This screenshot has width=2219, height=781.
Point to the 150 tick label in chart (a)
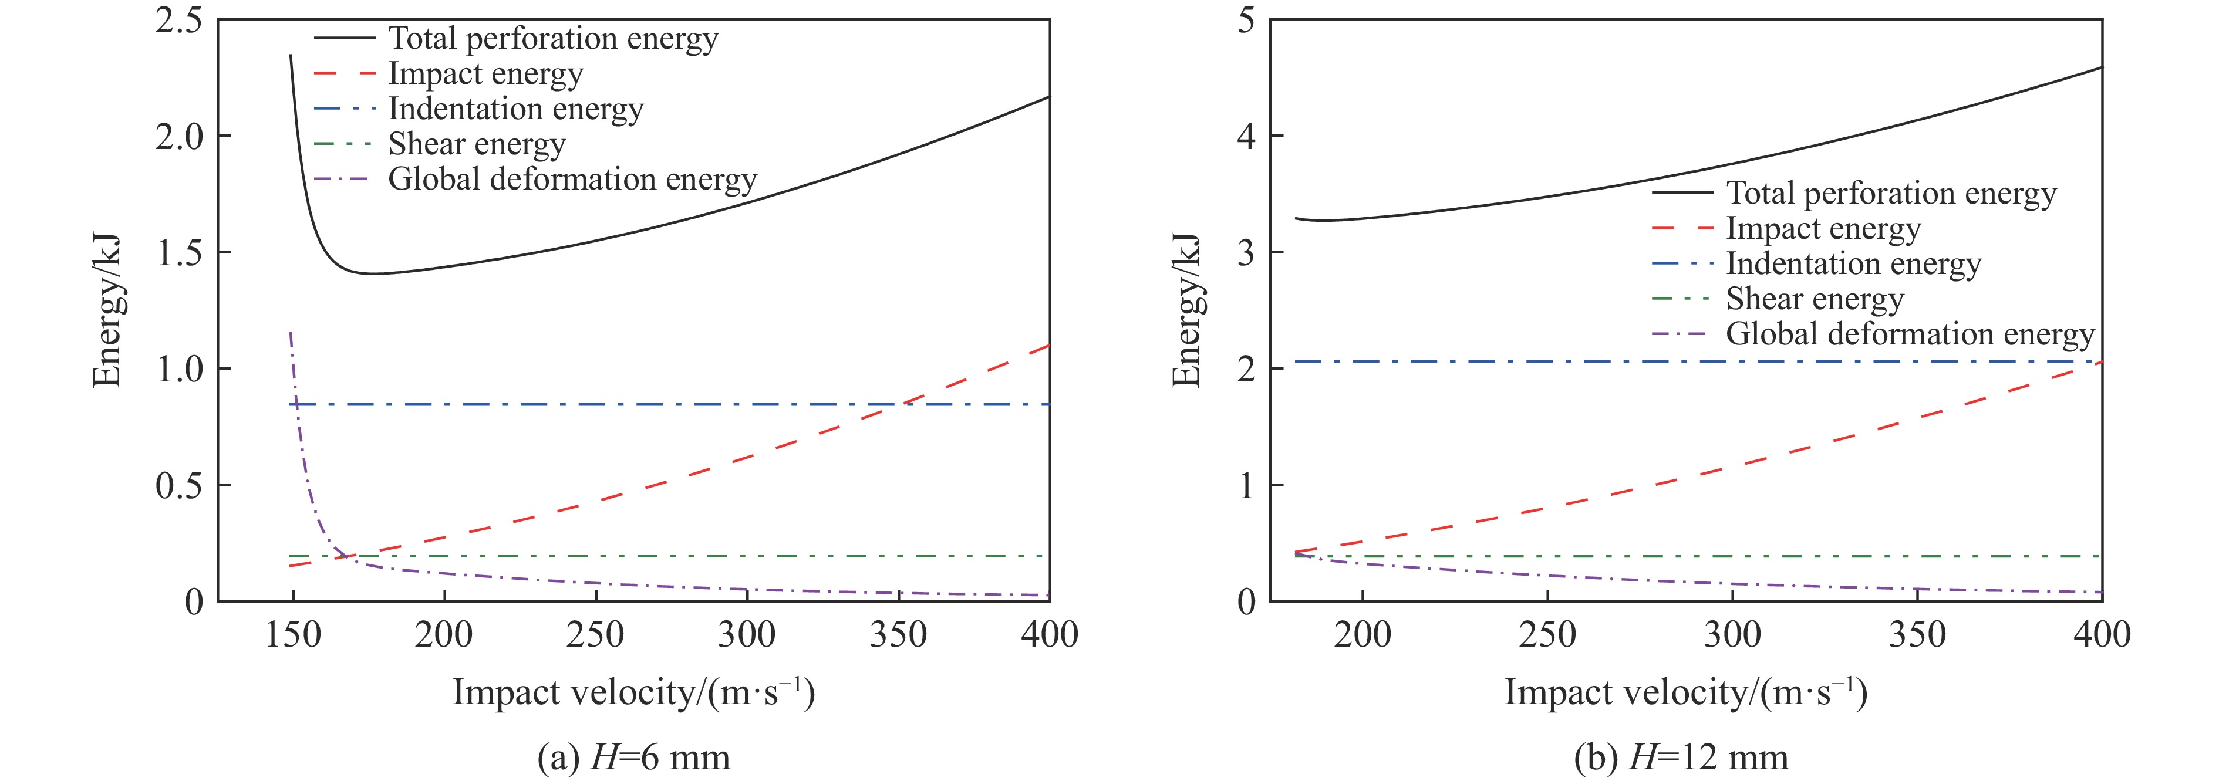click(x=293, y=635)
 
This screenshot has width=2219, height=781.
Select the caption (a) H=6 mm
click(x=633, y=758)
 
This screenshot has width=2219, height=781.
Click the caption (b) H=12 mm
click(x=1681, y=758)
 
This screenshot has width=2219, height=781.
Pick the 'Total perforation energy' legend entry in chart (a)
click(x=553, y=39)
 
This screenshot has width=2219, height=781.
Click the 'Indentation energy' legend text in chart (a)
click(x=516, y=109)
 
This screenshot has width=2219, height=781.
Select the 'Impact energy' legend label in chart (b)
click(x=1823, y=228)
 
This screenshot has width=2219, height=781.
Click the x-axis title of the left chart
click(x=633, y=692)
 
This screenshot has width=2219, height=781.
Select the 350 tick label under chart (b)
click(x=1917, y=635)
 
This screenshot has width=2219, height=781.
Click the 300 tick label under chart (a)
click(x=746, y=635)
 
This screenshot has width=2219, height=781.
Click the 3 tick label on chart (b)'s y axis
click(x=1246, y=252)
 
